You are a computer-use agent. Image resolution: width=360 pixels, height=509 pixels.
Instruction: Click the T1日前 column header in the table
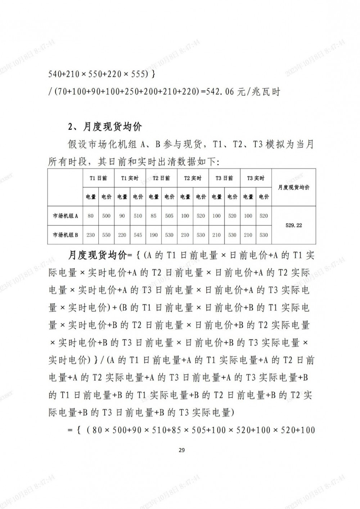click(98, 178)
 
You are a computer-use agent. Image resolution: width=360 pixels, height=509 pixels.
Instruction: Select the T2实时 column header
click(193, 178)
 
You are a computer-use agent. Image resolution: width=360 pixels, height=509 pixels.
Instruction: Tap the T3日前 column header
click(224, 178)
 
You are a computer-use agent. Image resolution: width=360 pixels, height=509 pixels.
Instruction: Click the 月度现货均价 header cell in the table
click(294, 188)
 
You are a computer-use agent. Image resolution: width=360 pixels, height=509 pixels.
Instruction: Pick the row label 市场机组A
click(66, 216)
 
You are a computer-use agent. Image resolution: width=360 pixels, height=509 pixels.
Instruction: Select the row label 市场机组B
click(66, 235)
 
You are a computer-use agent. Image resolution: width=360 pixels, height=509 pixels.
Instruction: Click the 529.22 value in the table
click(294, 225)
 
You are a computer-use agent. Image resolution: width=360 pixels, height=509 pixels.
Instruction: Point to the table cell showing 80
click(91, 216)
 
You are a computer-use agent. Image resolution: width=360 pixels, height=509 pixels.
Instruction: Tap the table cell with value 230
click(91, 235)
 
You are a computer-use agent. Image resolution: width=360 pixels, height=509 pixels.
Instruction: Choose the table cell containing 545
click(138, 235)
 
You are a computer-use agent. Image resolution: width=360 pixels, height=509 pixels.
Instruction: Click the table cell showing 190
click(154, 235)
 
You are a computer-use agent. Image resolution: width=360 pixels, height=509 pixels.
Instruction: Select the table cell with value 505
click(169, 216)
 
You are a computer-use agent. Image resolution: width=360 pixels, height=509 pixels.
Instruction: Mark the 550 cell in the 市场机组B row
click(106, 235)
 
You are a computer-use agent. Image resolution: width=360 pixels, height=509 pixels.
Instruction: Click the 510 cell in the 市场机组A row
click(138, 216)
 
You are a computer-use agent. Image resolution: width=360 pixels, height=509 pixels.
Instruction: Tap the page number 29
click(181, 450)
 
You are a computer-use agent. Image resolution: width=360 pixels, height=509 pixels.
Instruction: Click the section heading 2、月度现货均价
click(105, 127)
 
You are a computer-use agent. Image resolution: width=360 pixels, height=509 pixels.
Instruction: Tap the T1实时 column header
click(130, 178)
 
